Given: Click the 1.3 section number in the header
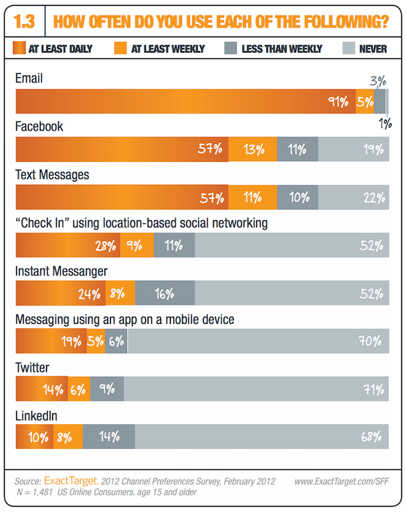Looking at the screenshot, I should tap(26, 22).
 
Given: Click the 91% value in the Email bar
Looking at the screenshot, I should tap(338, 102).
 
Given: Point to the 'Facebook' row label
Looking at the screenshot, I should tap(39, 127).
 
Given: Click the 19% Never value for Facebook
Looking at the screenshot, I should tap(373, 149).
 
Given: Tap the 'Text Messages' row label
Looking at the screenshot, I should tap(52, 175).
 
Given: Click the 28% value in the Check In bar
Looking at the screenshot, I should tap(105, 246).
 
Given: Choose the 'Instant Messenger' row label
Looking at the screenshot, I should tap(62, 271).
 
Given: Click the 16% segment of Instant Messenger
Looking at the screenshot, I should tap(164, 294).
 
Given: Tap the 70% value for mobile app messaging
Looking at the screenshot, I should tap(372, 342).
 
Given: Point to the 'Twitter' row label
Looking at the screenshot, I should tap(33, 367).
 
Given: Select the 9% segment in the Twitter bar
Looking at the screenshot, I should tap(107, 389).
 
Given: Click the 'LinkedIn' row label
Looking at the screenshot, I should tap(37, 416).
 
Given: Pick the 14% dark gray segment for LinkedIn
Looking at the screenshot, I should tap(109, 437).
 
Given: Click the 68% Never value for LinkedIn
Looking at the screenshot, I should tap(373, 437).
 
